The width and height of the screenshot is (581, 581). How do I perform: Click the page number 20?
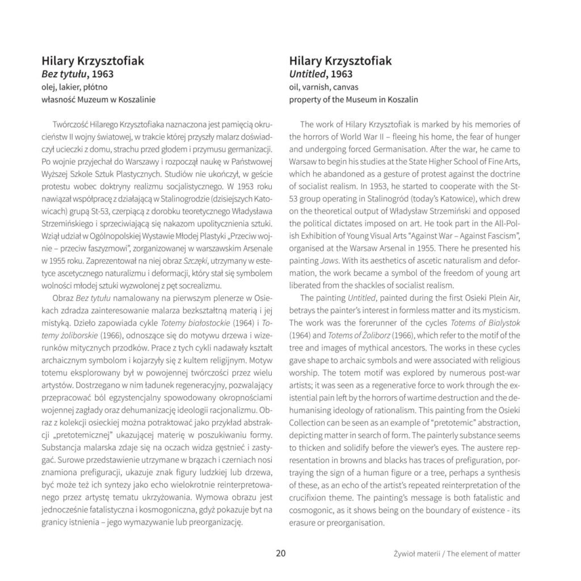pos(280,553)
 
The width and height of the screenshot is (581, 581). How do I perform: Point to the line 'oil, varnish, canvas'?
pos(323,87)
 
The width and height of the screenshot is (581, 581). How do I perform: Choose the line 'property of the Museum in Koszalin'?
pos(353,99)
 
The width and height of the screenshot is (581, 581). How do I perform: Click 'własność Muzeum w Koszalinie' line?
pos(99,99)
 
